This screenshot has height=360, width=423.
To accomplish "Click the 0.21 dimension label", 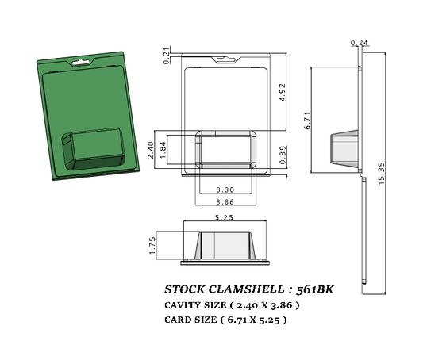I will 166,55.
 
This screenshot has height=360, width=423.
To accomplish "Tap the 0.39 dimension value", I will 283,156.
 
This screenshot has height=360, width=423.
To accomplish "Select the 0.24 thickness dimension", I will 358,42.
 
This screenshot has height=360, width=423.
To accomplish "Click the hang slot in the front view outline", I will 224,59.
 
